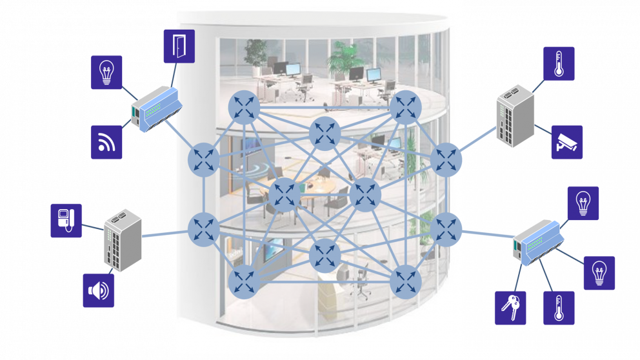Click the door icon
[x=179, y=46]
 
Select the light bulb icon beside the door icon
[x=106, y=72]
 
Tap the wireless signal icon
[x=106, y=142]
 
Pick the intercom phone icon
[x=66, y=220]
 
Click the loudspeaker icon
[x=99, y=290]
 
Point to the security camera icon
[x=567, y=142]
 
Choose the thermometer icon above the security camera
[x=559, y=63]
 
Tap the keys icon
[x=510, y=307]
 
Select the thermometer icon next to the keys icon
[x=559, y=307]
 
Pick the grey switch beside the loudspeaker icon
[x=123, y=238]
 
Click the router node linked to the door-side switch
[x=204, y=159]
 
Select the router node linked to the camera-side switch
[x=446, y=159]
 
